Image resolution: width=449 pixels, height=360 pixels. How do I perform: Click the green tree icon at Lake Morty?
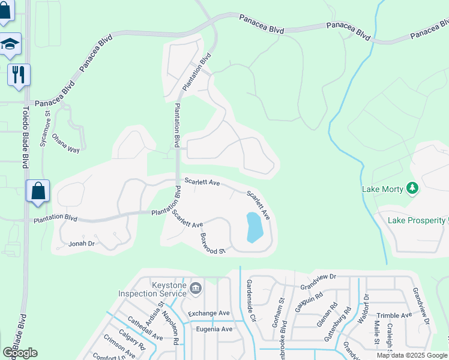click(x=412, y=189)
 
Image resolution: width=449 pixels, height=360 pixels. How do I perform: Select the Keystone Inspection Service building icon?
click(x=195, y=289)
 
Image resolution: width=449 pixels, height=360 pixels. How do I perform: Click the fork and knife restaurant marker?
click(x=18, y=74)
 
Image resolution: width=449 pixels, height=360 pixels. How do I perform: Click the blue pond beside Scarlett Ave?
click(x=255, y=227)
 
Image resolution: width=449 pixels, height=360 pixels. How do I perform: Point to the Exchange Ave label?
click(x=209, y=313)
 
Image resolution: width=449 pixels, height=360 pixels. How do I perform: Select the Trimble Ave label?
click(x=394, y=315)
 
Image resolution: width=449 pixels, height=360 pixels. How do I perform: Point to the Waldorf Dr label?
click(x=364, y=307)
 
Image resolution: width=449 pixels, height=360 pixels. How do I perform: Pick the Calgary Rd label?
click(x=131, y=340)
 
